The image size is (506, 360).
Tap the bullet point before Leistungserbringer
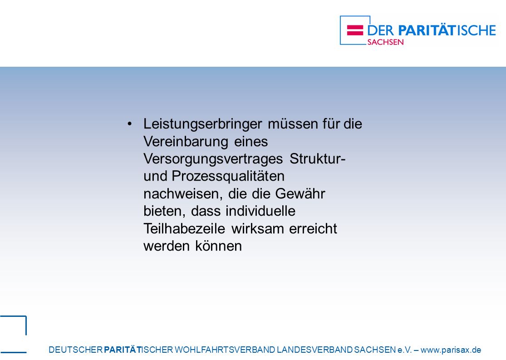130,124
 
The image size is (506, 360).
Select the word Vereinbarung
186,142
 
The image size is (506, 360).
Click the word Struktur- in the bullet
318,158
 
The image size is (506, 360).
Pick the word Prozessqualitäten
228,177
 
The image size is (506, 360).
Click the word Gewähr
300,194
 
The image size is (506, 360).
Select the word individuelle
260,211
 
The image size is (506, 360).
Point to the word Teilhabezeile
184,229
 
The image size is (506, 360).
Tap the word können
218,246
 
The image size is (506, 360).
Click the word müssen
293,124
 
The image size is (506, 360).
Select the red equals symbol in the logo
355,30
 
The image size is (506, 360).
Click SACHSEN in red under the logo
385,42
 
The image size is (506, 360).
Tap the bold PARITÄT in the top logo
427,30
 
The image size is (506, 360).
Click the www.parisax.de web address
451,350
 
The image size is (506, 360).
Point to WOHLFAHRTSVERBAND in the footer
225,350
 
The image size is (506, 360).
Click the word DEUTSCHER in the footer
75,350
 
